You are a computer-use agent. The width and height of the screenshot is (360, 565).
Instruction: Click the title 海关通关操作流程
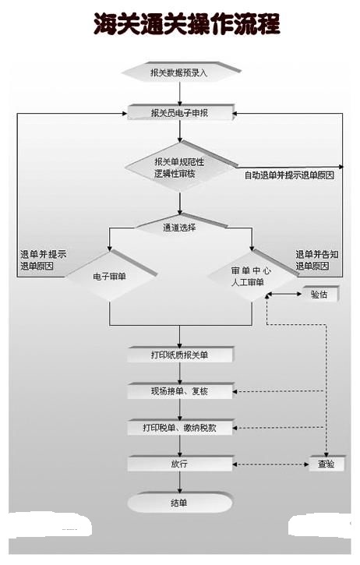pos(187,24)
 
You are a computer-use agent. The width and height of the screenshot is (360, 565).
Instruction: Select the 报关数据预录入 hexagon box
pos(181,72)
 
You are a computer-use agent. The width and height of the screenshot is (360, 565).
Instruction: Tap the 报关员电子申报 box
pos(180,112)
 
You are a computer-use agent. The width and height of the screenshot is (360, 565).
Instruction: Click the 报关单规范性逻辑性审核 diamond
pos(180,168)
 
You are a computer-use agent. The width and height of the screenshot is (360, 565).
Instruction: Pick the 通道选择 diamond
pos(180,227)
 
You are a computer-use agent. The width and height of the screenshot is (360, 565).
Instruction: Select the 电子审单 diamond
pos(110,276)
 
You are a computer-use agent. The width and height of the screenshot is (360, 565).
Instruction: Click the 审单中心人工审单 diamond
pos(252,276)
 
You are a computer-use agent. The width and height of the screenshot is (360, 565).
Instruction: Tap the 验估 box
pos(320,294)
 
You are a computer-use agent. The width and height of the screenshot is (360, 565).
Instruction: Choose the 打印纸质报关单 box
pos(180,355)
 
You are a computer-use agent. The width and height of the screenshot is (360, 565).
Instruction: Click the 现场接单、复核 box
pos(180,391)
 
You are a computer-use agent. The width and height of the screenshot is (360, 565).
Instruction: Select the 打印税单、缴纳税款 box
pos(180,427)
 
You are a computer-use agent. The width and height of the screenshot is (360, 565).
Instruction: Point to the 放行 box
pos(180,464)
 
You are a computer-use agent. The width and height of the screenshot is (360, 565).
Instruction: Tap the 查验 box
pos(326,464)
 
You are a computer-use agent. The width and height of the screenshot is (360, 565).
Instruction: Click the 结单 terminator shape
pos(179,503)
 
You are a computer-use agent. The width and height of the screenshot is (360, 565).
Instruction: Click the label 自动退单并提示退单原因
pos(289,175)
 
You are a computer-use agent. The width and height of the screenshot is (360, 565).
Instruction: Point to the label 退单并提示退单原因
pos(43,260)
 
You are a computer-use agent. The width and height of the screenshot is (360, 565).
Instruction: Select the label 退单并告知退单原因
pos(317,260)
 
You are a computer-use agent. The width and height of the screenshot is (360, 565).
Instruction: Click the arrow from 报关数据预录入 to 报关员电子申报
pos(180,94)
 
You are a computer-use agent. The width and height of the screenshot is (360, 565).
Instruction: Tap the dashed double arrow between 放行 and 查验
pos(271,464)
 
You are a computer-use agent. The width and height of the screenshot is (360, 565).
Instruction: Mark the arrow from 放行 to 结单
pos(180,482)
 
